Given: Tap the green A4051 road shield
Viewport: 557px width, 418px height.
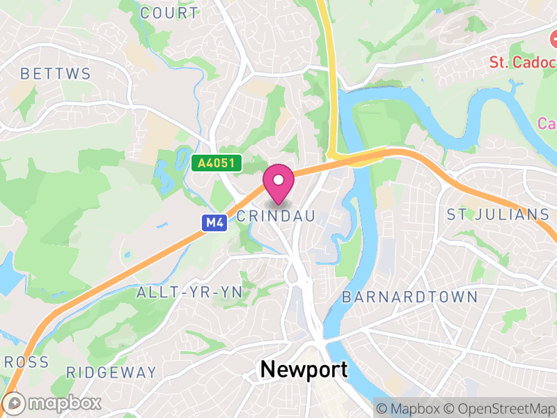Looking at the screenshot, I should pos(217,164).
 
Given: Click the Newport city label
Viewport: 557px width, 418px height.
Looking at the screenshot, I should pos(304,369).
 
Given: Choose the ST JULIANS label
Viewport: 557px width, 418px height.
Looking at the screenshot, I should pos(498,214).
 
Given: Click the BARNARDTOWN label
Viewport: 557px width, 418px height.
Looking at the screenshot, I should pos(409,297).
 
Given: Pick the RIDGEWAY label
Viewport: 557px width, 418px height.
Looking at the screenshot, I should pos(111,372).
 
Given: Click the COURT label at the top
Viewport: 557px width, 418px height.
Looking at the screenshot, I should pos(169,13).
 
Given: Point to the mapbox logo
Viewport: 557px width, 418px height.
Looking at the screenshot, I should pos(53,403).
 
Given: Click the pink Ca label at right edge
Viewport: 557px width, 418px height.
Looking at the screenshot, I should pos(547,123).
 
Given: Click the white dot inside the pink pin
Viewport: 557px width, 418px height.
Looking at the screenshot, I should pos(278,180).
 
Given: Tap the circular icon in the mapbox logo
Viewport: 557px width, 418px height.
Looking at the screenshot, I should pos(15,403).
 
